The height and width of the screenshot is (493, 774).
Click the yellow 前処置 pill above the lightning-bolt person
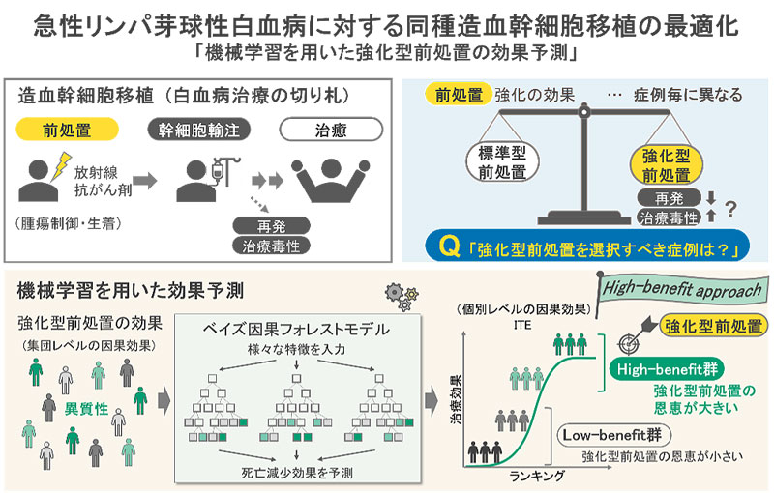tap(67, 130)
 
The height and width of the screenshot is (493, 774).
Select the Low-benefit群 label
tap(611, 433)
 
